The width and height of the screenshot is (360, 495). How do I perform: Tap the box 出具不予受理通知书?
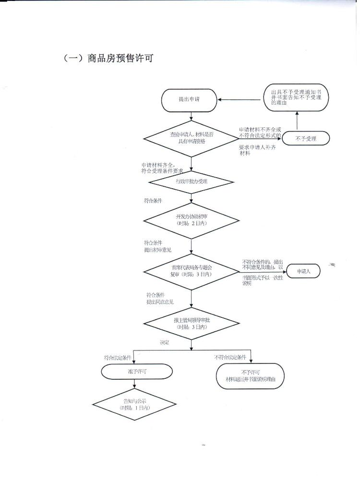[x=297, y=97]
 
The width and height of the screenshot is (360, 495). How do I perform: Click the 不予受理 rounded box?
[x=306, y=139]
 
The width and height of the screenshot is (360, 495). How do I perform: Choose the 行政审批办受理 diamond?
[x=192, y=182]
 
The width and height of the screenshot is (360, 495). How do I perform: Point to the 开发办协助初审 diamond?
[x=192, y=220]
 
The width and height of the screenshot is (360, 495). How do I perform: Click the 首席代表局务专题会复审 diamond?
[x=192, y=271]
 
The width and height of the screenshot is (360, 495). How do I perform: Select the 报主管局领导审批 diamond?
[x=192, y=323]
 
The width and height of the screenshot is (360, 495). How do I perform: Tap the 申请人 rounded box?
[x=303, y=271]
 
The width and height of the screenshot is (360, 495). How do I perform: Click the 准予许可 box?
[x=136, y=371]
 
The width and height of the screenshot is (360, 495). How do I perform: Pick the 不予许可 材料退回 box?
[x=251, y=375]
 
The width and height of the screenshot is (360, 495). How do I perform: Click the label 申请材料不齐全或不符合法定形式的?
[x=261, y=133]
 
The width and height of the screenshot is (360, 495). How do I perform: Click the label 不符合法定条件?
[x=230, y=357]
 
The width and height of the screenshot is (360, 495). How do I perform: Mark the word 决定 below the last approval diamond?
[x=165, y=343]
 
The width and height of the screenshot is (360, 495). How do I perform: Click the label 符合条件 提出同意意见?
[x=160, y=298]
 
